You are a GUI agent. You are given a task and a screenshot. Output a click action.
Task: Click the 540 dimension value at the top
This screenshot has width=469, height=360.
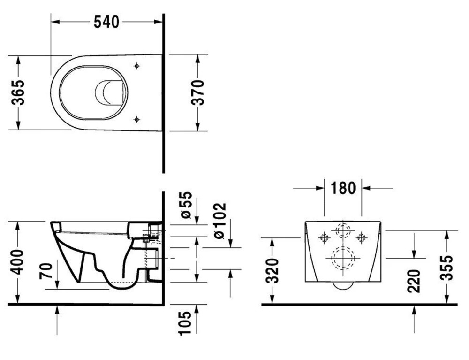click(106, 22)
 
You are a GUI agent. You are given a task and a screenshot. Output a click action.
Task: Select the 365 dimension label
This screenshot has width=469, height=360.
click(18, 92)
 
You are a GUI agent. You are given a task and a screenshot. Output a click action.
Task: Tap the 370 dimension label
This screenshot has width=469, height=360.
click(198, 92)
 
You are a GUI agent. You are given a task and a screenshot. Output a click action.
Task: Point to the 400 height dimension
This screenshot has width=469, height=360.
click(18, 263)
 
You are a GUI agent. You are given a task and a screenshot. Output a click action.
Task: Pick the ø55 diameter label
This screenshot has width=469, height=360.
click(185, 205)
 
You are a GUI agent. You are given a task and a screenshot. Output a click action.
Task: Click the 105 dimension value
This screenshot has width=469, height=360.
click(185, 323)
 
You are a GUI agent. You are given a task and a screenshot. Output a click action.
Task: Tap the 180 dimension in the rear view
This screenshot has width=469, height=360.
click(343, 188)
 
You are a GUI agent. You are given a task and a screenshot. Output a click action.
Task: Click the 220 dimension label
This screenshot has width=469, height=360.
click(414, 280)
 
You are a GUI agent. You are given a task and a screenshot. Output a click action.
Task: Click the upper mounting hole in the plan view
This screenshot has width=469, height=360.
click(136, 66)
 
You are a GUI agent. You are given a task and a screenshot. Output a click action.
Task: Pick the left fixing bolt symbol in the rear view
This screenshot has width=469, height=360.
click(323, 237)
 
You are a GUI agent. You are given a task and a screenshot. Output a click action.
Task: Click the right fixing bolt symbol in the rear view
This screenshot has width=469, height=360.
click(362, 237)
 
